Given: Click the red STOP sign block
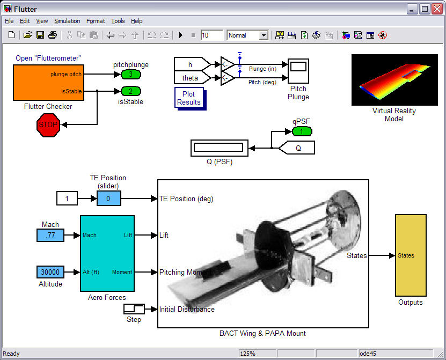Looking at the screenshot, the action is coord(48,125).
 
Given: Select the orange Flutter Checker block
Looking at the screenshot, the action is coord(49,83).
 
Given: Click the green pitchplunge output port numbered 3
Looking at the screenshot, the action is coord(131,75).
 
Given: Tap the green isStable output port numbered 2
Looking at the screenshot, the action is coord(131,91).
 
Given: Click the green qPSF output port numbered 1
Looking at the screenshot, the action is coord(302,131).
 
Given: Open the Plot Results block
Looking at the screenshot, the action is coord(189,98).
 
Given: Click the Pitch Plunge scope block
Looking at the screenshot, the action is coord(298,71).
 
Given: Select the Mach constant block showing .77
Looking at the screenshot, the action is coord(50,236).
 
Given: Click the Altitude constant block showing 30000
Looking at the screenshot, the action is coord(50,272).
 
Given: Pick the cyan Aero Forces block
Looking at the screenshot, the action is coord(107,254).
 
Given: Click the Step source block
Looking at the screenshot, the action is coord(134,309).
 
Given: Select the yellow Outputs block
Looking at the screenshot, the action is coord(411,255).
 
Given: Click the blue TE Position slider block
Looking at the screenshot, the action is coord(108,199).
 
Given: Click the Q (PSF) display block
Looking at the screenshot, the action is coord(220,148).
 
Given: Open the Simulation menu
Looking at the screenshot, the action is coord(67,21).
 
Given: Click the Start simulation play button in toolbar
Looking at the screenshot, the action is coord(181,35).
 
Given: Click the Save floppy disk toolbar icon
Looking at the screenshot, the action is coord(40,35).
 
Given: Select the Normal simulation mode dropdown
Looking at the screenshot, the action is coord(247,35).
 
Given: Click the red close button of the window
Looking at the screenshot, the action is coord(437,9).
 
